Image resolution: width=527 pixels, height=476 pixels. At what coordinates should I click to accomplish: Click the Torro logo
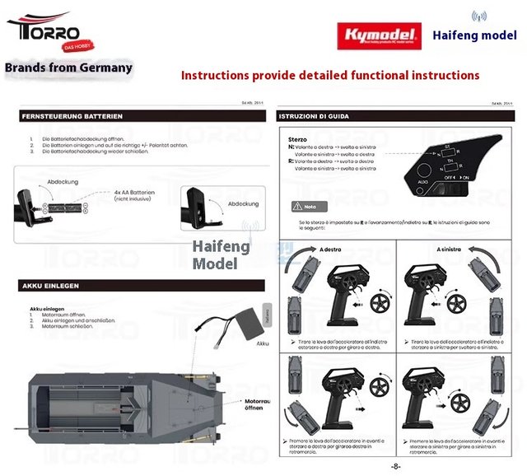pyautogui.click(x=44, y=31)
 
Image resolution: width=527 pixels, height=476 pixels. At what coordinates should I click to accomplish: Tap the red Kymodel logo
pyautogui.click(x=378, y=36)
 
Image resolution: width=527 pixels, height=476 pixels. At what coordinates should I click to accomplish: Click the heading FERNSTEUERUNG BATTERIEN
pyautogui.click(x=74, y=116)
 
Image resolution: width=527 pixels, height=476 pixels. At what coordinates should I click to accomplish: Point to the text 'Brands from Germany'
pyautogui.click(x=68, y=68)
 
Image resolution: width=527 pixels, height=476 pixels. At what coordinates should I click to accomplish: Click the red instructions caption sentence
pyautogui.click(x=330, y=75)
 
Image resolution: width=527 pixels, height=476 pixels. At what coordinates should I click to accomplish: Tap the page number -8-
pyautogui.click(x=395, y=467)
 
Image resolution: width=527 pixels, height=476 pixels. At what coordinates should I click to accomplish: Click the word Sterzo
pyautogui.click(x=297, y=139)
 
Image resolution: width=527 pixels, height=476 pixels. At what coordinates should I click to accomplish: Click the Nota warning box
pyautogui.click(x=304, y=206)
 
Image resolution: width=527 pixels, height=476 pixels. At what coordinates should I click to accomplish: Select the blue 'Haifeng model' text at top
pyautogui.click(x=474, y=35)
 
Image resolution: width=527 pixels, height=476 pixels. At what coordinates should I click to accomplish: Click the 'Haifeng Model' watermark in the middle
pyautogui.click(x=215, y=254)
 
